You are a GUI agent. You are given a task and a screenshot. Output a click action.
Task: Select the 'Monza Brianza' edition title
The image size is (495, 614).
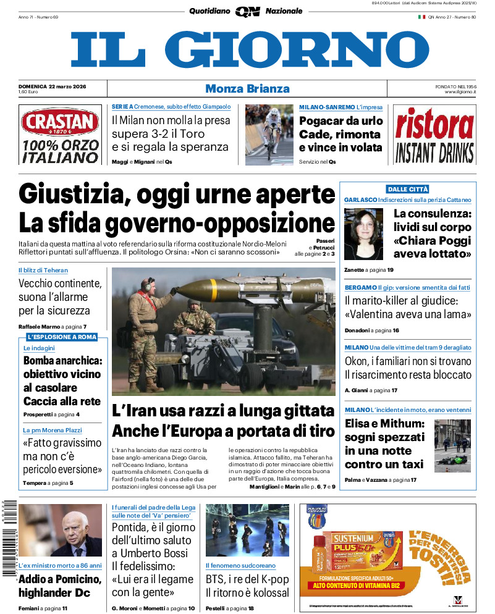(247, 88)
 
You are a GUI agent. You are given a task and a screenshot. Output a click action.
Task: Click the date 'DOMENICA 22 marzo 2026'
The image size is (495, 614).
(52, 86)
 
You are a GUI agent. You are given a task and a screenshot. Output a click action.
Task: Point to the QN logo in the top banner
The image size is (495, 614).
(247, 11)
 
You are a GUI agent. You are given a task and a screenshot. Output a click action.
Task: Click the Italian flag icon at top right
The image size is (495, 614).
(421, 17)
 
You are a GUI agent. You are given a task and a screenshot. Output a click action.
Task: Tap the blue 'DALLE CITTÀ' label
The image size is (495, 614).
(407, 189)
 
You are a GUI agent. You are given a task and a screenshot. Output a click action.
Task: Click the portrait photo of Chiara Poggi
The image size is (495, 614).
(364, 233)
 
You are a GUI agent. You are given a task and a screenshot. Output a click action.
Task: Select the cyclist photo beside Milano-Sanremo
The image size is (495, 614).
(269, 134)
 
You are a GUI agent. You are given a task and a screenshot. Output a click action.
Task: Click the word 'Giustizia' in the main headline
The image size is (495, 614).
(72, 195)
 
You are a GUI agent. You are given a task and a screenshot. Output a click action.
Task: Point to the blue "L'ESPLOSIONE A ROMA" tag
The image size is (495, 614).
(61, 337)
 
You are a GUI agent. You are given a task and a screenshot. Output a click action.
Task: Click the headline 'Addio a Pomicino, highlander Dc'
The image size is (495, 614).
(59, 586)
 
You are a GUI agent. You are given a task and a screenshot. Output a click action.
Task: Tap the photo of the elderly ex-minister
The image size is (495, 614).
(60, 530)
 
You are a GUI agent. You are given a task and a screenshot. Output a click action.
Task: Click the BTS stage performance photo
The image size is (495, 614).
(247, 530)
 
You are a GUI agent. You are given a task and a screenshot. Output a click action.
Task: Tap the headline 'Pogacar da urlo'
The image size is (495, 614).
(341, 120)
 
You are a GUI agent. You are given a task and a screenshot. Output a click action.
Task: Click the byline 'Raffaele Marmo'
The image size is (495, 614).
(40, 326)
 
